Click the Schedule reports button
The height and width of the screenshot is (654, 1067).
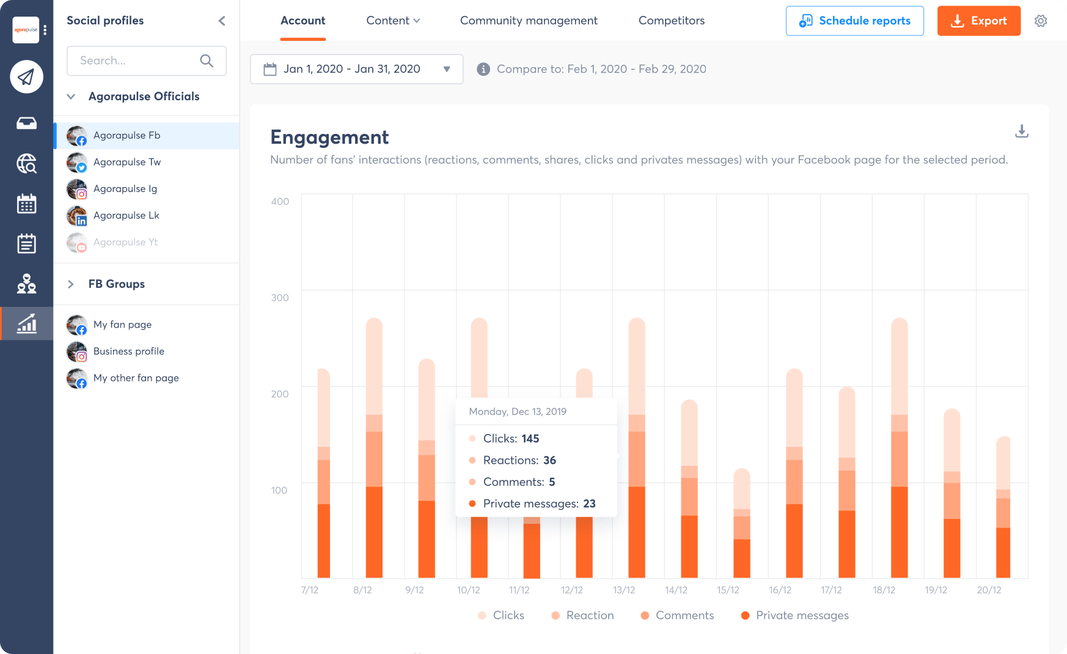click(854, 21)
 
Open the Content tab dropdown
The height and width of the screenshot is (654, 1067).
click(393, 21)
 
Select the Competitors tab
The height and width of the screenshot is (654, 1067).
click(671, 21)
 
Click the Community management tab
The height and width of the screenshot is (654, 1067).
click(529, 21)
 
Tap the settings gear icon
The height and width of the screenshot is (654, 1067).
click(1041, 21)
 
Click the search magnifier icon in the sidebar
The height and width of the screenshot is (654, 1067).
click(207, 61)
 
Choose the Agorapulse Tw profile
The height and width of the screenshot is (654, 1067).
click(127, 162)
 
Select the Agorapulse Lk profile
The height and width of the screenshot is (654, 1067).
click(126, 215)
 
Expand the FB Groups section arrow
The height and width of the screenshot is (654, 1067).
click(71, 284)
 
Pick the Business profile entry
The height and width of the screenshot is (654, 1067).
click(128, 351)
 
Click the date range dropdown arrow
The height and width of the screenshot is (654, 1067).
click(447, 69)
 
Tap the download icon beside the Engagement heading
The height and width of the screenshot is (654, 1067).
click(1021, 131)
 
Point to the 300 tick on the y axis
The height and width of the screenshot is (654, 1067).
click(280, 298)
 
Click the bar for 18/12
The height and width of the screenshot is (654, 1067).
click(899, 448)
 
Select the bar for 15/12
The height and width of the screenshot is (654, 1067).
click(742, 523)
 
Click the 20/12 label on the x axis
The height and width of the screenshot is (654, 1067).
click(989, 590)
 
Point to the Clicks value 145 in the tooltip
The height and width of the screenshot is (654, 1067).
click(530, 439)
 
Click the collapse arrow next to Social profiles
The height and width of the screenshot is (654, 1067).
click(222, 21)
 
